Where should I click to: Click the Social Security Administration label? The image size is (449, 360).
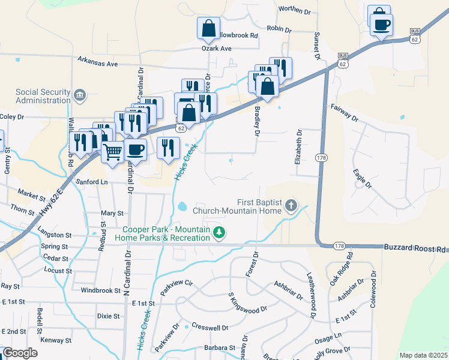[43, 96]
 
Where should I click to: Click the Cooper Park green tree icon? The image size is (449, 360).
[219, 232]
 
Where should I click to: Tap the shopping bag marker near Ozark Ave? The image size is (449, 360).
[208, 28]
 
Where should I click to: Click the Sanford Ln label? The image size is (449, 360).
[92, 181]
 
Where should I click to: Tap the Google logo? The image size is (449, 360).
[20, 353]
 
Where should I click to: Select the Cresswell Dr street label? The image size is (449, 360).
[209, 328]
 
